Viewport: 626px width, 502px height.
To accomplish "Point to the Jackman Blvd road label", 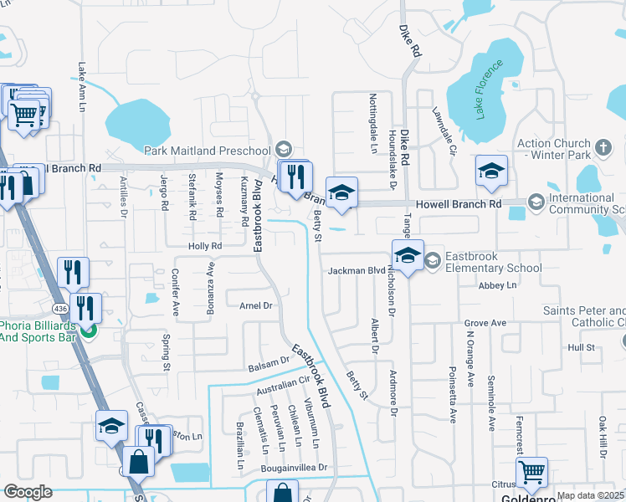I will click(x=356, y=271).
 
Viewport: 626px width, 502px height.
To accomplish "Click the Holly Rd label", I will click(x=204, y=246).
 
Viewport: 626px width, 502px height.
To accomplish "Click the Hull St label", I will click(x=580, y=346).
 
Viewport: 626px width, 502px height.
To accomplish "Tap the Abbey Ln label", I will click(x=498, y=285).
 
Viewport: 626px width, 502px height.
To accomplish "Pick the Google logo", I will click(x=28, y=492).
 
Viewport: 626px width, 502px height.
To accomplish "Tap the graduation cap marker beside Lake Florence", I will click(x=491, y=172).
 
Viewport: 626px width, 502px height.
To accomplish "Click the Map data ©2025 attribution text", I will click(x=591, y=495).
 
